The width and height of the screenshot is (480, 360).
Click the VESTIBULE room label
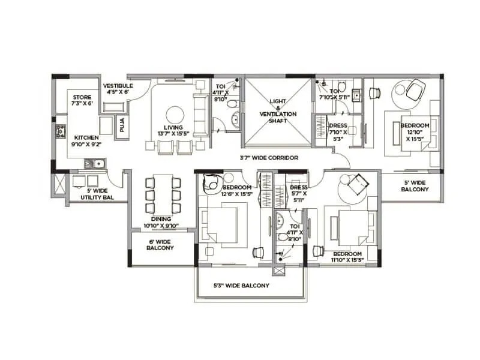pyautogui.click(x=118, y=89)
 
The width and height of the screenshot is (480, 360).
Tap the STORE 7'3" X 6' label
pyautogui.click(x=82, y=100)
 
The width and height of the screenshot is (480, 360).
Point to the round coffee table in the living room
pyautogui.click(x=175, y=115)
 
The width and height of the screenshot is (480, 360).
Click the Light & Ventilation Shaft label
pyautogui.click(x=278, y=111)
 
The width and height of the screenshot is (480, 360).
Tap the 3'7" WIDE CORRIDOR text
pyautogui.click(x=269, y=158)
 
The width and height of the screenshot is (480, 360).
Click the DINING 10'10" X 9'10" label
pyautogui.click(x=161, y=223)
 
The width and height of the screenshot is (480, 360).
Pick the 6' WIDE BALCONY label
pyautogui.click(x=160, y=244)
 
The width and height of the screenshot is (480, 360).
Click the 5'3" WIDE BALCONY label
pyautogui.click(x=241, y=286)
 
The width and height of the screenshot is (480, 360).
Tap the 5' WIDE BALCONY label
pyautogui.click(x=415, y=185)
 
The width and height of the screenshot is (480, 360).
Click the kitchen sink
pyautogui.click(x=94, y=162)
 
